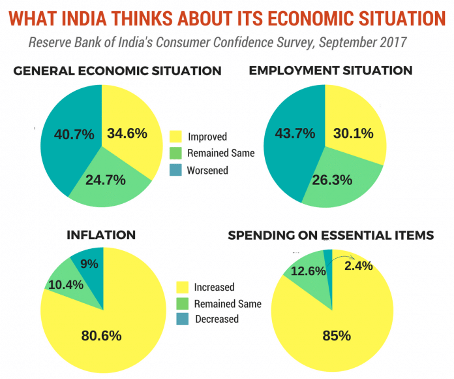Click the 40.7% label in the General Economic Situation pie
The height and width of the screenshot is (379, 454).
coord(68,133)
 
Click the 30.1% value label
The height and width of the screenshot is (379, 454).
coord(353,133)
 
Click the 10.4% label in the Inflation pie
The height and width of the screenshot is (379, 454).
coord(66,284)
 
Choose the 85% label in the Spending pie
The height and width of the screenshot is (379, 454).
coord(336,337)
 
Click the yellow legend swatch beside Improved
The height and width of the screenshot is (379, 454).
coord(175,137)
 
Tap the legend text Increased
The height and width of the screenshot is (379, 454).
coord(214,288)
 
